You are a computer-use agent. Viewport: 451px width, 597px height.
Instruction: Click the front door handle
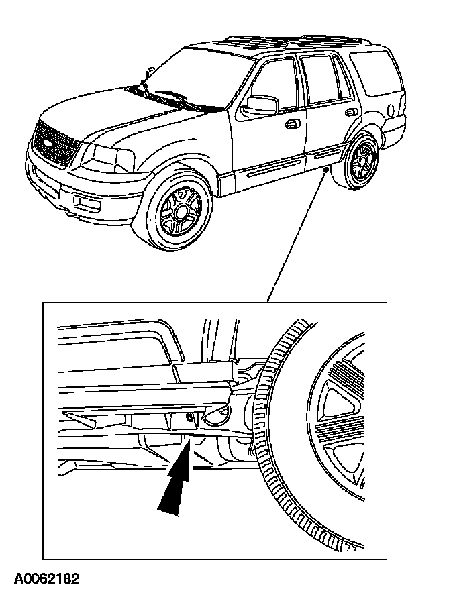pos(293,123)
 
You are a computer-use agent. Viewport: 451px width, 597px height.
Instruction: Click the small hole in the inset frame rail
pos(190,418)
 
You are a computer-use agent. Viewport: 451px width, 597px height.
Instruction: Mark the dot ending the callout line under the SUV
pos(325,171)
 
